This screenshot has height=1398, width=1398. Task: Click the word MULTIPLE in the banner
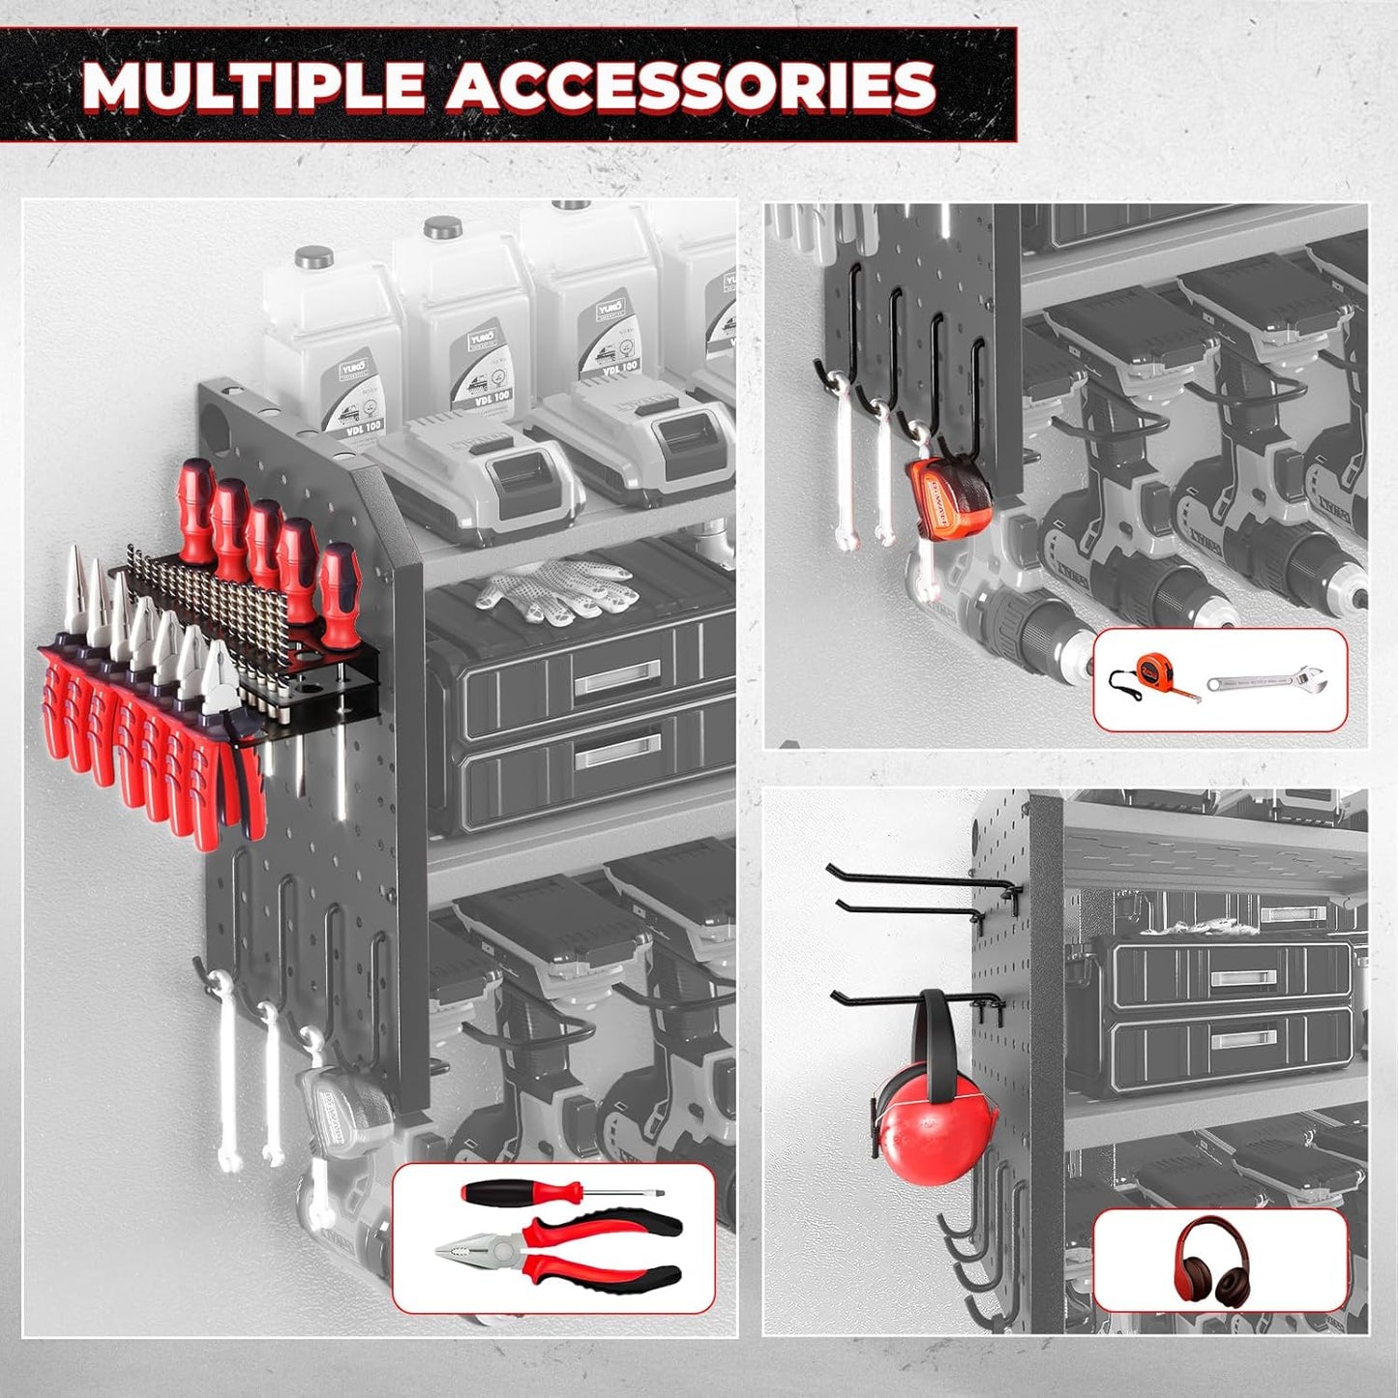(x=253, y=86)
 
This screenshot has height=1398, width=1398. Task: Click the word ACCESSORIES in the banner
(x=691, y=86)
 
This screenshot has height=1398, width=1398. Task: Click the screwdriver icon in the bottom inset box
(x=560, y=1193)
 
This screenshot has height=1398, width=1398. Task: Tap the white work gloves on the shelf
(x=557, y=591)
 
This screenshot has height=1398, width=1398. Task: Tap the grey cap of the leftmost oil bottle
(x=314, y=257)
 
